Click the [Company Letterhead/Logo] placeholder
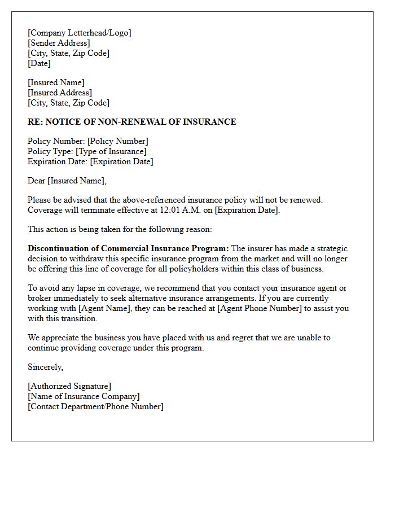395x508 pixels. (79, 33)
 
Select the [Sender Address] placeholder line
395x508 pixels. (59, 43)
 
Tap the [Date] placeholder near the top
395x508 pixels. (39, 63)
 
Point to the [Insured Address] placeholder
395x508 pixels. (60, 93)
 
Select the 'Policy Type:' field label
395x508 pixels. (50, 151)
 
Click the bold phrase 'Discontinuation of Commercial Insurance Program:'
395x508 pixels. (128, 248)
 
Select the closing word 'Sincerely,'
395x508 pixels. (46, 367)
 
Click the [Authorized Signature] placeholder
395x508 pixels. (69, 386)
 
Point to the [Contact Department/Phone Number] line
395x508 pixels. (95, 406)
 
